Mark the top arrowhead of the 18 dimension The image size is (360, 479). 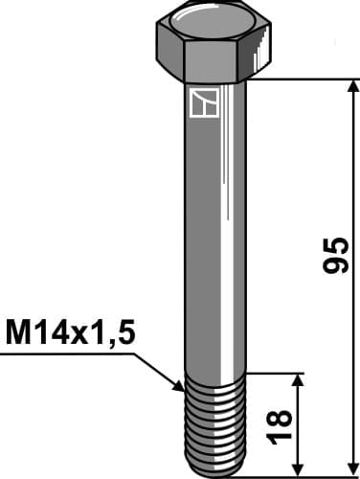click(301, 381)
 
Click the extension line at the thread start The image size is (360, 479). click(278, 374)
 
